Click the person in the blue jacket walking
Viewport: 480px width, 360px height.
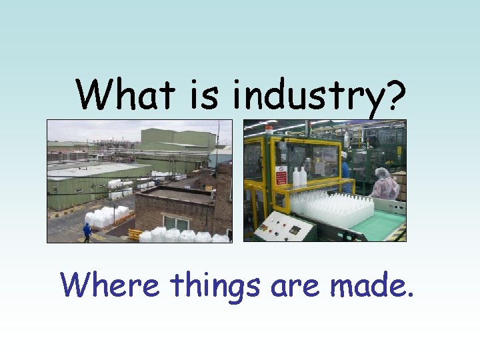pyautogui.click(x=87, y=232)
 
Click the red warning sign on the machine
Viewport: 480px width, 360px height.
pyautogui.click(x=281, y=175)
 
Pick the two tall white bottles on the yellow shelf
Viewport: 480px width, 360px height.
pyautogui.click(x=299, y=177)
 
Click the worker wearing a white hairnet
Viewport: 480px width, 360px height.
pyautogui.click(x=384, y=183)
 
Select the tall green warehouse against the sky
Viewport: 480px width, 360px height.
pyautogui.click(x=177, y=141)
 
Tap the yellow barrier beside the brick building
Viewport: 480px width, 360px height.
pyautogui.click(x=135, y=235)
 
